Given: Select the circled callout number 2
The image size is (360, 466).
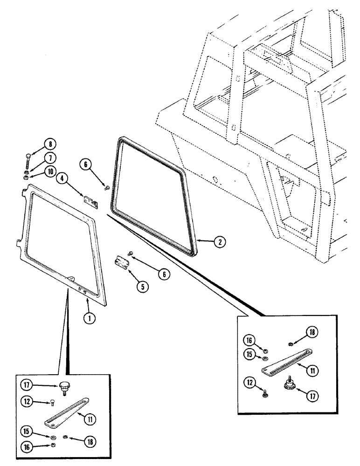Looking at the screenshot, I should pyautogui.click(x=218, y=242).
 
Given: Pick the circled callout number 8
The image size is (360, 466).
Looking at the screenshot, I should pyautogui.click(x=49, y=144).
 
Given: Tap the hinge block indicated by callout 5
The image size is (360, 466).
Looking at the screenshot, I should pyautogui.click(x=122, y=263).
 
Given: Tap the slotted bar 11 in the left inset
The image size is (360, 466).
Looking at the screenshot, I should pyautogui.click(x=65, y=413).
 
